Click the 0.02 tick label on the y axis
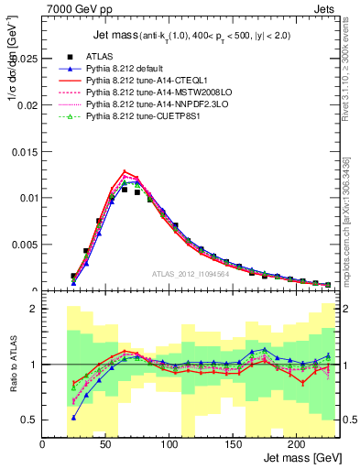[x=27, y=104]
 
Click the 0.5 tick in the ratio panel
[x=31, y=420]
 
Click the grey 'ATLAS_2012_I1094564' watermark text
[x=190, y=274]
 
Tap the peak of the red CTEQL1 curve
[x=125, y=171]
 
